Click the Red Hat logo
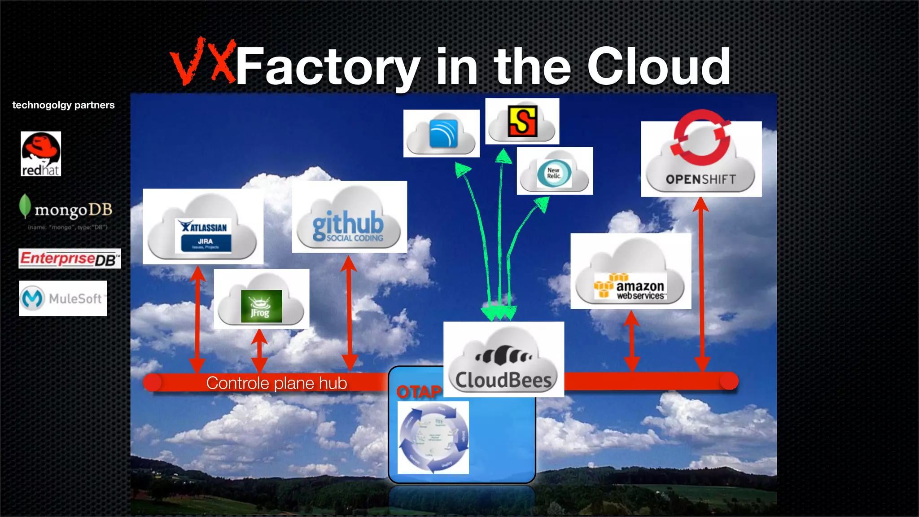(x=41, y=154)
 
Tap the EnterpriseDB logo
(x=70, y=258)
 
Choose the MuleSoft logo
(x=63, y=298)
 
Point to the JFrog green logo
(x=261, y=306)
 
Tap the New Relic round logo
(x=554, y=173)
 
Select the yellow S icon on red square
(x=522, y=121)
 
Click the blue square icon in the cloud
(x=443, y=133)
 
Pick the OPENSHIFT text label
(x=701, y=180)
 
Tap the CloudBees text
(x=503, y=380)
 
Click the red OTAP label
(x=419, y=392)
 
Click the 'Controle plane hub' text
(x=276, y=383)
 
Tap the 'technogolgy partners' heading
(x=63, y=105)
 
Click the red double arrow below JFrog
(x=259, y=351)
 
